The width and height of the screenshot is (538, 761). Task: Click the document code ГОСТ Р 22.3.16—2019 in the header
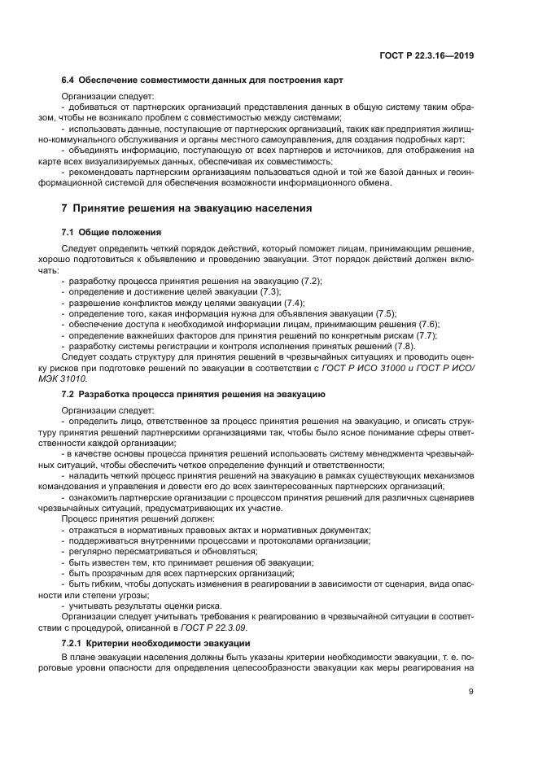point(426,56)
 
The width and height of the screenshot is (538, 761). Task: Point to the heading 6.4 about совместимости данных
point(202,81)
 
